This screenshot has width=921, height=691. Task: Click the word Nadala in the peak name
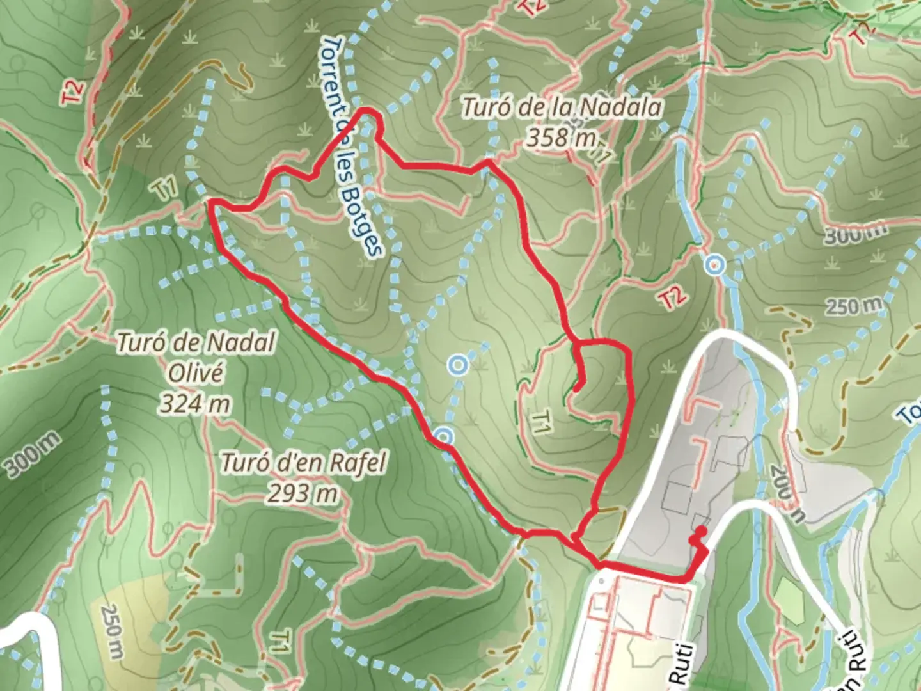pyautogui.click(x=620, y=107)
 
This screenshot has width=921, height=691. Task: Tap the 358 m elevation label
pyautogui.click(x=561, y=136)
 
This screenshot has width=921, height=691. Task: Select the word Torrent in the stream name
pyautogui.click(x=333, y=70)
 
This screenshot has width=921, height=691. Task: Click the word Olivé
pyautogui.click(x=196, y=372)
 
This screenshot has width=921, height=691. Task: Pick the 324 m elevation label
pyautogui.click(x=195, y=404)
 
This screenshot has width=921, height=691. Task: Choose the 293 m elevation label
pyautogui.click(x=303, y=493)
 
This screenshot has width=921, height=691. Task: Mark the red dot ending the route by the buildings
pyautogui.click(x=702, y=530)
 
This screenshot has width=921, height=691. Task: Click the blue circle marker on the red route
pyautogui.click(x=443, y=437)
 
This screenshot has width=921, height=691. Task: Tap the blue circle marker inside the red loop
pyautogui.click(x=458, y=365)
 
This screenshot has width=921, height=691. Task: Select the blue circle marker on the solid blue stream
pyautogui.click(x=715, y=264)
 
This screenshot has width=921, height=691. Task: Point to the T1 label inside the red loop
pyautogui.click(x=541, y=423)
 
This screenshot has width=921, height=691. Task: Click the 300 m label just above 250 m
pyautogui.click(x=854, y=235)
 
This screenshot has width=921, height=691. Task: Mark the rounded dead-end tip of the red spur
pyautogui.click(x=577, y=386)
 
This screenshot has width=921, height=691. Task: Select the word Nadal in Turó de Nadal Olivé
pyautogui.click(x=240, y=343)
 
